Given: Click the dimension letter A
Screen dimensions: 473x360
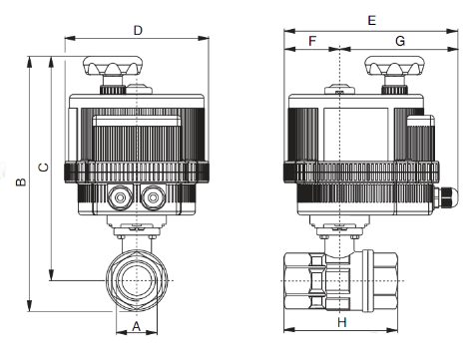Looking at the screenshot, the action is coord(137,326).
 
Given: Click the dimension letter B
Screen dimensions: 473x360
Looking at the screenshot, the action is coord(21,181).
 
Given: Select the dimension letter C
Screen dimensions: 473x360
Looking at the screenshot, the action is coord(44,168).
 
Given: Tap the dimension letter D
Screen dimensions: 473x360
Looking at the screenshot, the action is coord(138,31).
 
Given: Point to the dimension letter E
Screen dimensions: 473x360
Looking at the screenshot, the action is coord(371,21).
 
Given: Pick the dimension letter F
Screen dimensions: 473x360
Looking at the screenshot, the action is coord(312,41).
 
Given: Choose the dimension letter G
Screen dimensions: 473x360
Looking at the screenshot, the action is coord(400,41).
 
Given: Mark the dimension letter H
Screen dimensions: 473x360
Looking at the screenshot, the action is coord(342,322).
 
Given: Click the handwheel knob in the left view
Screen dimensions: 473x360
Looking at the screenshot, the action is coord(113,66).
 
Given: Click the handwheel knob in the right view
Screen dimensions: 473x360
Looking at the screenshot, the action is coord(395,66).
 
